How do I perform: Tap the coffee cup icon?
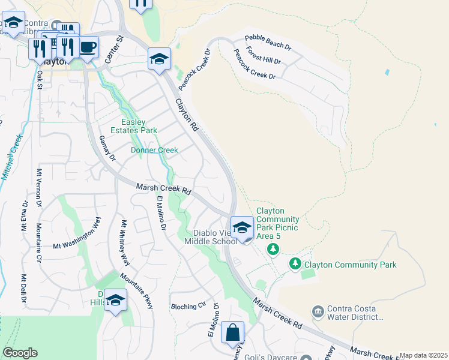click(88, 47)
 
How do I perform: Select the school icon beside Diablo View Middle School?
click(242, 227)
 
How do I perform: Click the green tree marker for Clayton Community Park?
click(295, 263)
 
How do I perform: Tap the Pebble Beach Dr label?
click(268, 46)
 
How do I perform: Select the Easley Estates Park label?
click(135, 125)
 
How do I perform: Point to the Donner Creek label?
click(155, 150)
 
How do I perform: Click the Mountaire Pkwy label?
click(136, 291)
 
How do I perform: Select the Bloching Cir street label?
click(188, 306)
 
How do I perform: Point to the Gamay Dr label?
click(107, 148)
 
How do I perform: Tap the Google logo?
click(20, 353)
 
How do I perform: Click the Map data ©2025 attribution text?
click(423, 355)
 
